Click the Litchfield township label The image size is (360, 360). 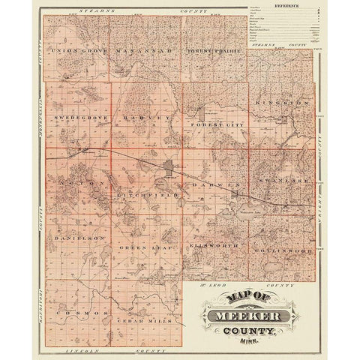click(147, 194)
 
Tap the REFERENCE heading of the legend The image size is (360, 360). click(288, 5)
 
